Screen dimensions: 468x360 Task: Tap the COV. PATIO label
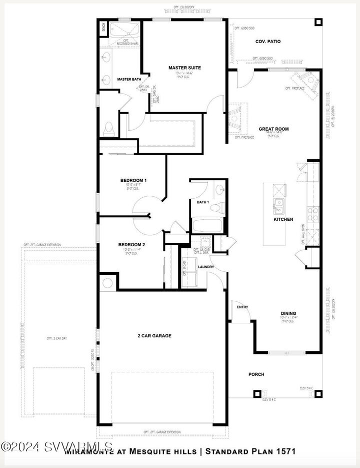[x=267, y=42]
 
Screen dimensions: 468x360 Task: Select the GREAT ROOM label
[x=273, y=129]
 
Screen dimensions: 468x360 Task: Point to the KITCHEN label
[x=283, y=219]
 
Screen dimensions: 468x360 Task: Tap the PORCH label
[x=256, y=374]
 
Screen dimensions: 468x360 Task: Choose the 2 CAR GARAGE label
[x=154, y=336]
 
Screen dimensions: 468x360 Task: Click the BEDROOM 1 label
[x=133, y=180]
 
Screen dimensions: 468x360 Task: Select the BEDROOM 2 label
[x=131, y=245]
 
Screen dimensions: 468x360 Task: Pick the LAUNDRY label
[x=206, y=267]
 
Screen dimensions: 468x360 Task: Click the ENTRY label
[x=242, y=307]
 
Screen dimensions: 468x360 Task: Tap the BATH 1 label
[x=202, y=202]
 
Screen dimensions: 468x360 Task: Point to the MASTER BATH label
[x=129, y=80]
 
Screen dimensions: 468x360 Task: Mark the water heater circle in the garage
[x=107, y=283]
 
